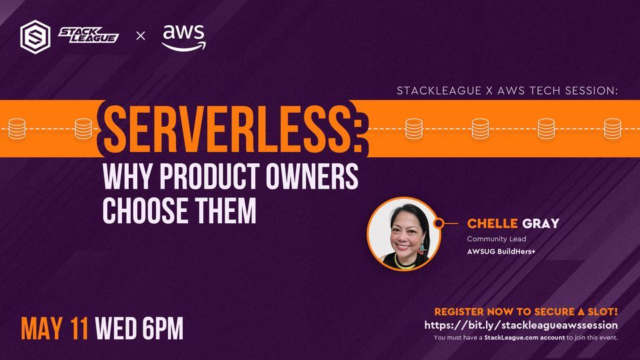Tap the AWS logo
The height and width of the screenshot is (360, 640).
tap(183, 36)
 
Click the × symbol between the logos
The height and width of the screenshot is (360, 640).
tap(140, 35)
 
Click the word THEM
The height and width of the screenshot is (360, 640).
tap(227, 210)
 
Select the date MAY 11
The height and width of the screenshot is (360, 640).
tap(55, 328)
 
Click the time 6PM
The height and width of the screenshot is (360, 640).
tap(162, 328)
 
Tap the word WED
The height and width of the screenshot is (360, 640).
tap(117, 328)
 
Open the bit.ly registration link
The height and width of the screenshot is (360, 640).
tap(521, 325)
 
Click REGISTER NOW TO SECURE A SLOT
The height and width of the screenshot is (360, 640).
tap(525, 311)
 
